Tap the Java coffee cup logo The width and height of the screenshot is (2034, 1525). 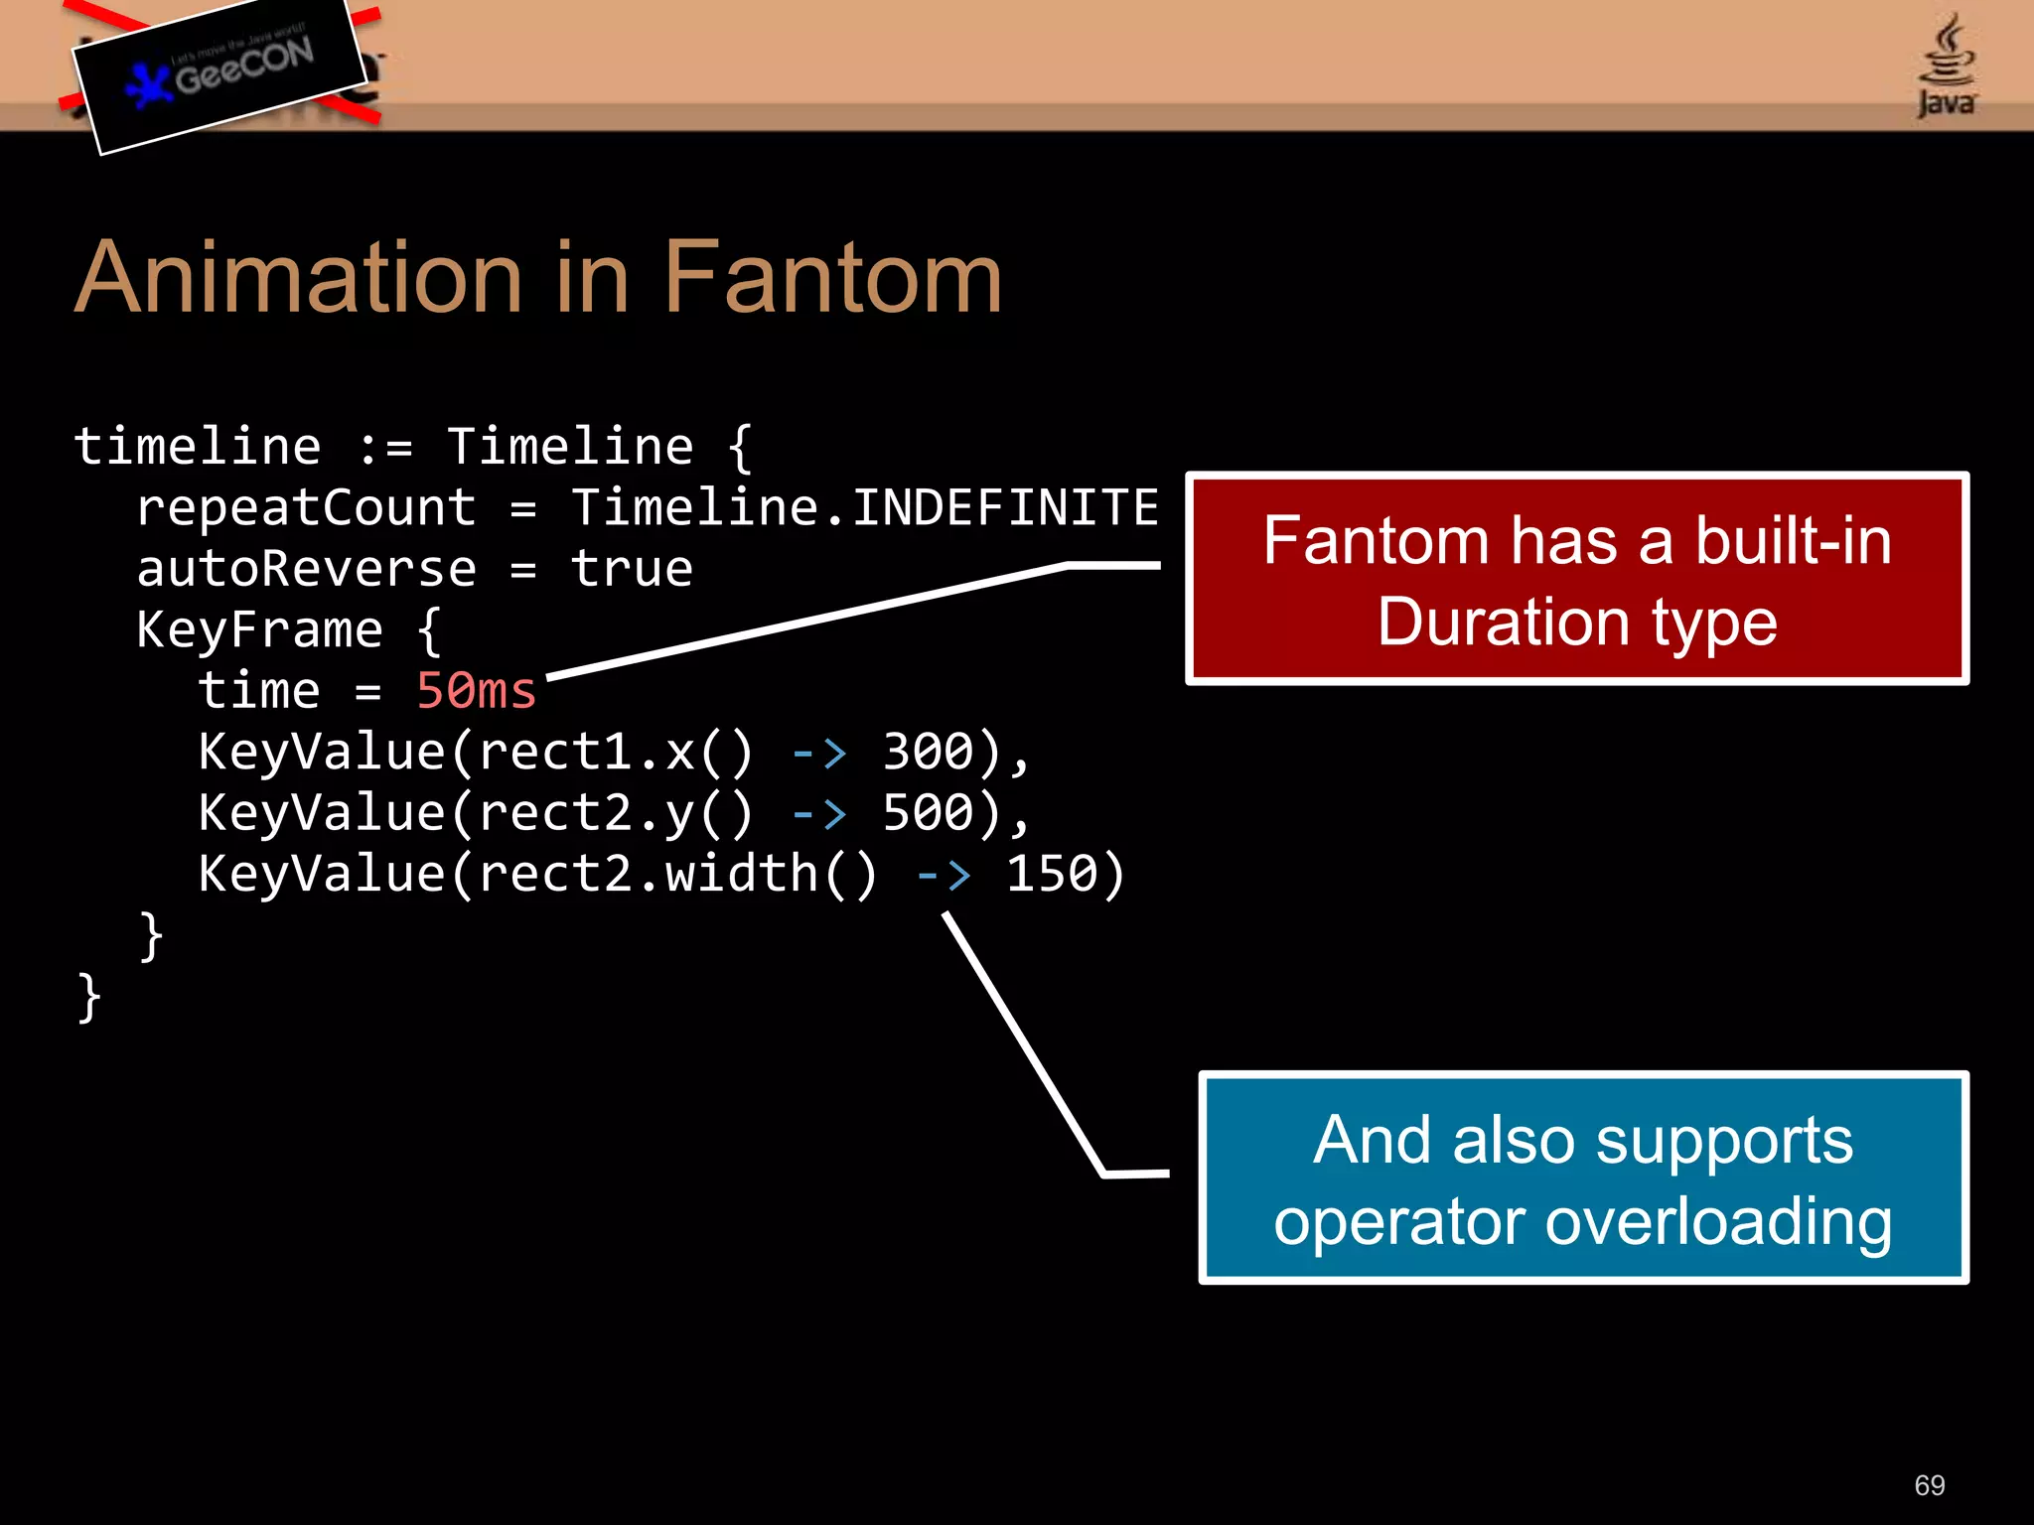click(x=1946, y=66)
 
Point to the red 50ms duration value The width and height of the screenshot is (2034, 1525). click(x=476, y=691)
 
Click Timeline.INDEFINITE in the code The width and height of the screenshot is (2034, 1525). click(x=864, y=508)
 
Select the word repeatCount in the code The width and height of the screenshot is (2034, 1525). click(x=306, y=508)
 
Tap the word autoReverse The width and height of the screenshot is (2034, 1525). click(x=306, y=570)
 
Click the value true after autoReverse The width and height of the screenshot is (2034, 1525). click(x=632, y=570)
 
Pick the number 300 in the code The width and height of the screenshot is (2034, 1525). click(x=928, y=752)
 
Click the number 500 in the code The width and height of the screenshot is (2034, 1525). click(x=928, y=813)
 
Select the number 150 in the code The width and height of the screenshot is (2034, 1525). click(x=1051, y=875)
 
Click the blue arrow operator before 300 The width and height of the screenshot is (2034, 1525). click(x=819, y=753)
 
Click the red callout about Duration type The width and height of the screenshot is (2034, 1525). click(x=1577, y=579)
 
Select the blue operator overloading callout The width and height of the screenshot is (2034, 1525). click(x=1583, y=1178)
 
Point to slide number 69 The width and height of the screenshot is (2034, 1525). click(x=1930, y=1485)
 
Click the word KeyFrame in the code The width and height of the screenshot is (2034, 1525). click(x=259, y=630)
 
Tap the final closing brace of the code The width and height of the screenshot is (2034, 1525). click(x=89, y=997)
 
